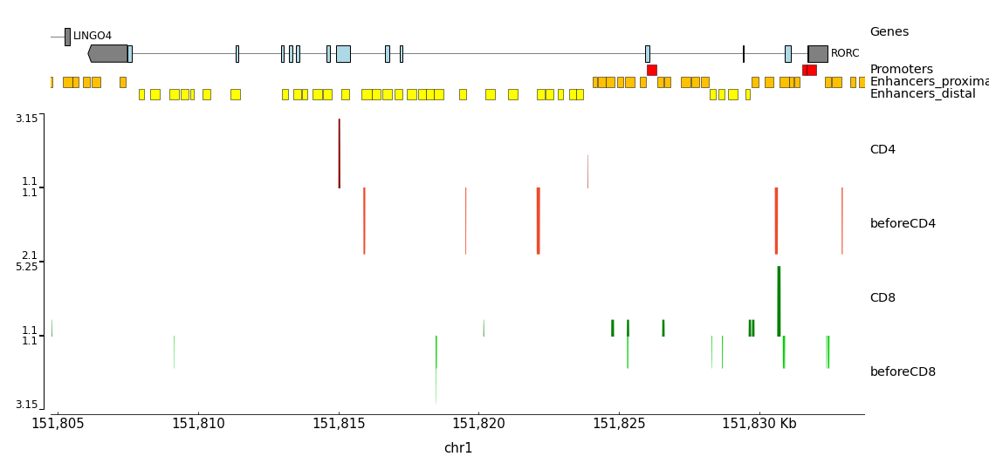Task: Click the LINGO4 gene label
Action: pos(92,36)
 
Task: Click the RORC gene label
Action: pos(844,53)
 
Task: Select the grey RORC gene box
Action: pos(818,53)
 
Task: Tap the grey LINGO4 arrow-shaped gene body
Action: pos(108,53)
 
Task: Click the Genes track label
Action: pos(889,32)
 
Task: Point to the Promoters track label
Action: pos(901,70)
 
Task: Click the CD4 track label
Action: pos(883,150)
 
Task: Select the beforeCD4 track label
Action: pos(903,224)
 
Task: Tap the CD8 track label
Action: pos(883,298)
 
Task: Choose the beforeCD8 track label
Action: pos(903,372)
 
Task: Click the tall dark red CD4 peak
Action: pos(340,153)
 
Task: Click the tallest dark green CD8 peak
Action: pos(779,301)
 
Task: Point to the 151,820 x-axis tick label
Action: pos(479,424)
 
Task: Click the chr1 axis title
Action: pos(458,448)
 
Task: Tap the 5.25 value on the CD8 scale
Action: pos(26,267)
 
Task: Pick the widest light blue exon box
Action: pos(343,53)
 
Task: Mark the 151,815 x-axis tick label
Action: pos(339,424)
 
